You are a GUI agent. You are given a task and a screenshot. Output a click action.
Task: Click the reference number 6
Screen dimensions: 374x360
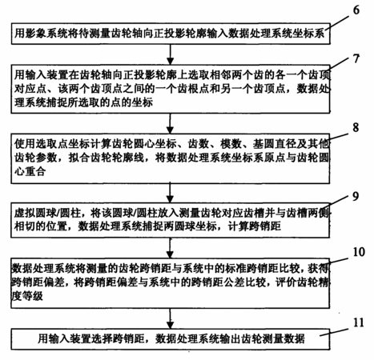(x=356, y=10)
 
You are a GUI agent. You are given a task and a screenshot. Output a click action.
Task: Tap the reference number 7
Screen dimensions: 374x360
(x=356, y=58)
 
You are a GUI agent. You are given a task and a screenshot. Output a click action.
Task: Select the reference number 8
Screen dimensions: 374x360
(x=356, y=127)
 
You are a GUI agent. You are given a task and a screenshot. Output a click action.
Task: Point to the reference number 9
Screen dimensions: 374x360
(x=356, y=197)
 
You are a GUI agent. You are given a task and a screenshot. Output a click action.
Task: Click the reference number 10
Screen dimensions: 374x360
(x=359, y=252)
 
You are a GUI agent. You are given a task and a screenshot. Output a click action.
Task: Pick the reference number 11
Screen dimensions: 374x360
(x=359, y=322)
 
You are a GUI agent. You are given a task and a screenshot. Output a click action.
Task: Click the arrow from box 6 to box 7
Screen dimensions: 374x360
(x=170, y=54)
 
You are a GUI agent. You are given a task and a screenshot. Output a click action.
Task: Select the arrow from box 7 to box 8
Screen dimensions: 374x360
(x=170, y=123)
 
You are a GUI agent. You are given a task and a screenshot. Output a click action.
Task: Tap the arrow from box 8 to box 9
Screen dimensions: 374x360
(x=170, y=193)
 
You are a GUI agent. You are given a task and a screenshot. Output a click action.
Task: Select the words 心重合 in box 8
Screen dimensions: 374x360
(x=30, y=171)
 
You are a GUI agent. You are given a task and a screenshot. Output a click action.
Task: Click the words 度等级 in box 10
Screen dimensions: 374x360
(x=27, y=296)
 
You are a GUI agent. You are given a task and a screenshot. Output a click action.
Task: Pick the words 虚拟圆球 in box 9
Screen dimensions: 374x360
(x=34, y=213)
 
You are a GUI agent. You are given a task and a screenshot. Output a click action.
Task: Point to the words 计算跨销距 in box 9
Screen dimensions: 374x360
(x=255, y=226)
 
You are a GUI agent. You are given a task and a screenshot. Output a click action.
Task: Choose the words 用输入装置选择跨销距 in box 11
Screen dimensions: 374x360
(x=91, y=338)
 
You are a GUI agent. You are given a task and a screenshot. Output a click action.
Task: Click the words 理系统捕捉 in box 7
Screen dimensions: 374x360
(x=41, y=102)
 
